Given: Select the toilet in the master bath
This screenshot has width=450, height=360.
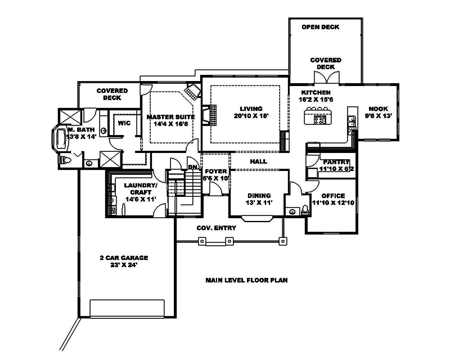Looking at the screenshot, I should (x=65, y=160).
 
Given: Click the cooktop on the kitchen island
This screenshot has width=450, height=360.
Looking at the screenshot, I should (x=319, y=119).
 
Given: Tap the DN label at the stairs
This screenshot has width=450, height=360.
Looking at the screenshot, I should (x=192, y=167).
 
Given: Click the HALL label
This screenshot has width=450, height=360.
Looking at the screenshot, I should (x=259, y=161).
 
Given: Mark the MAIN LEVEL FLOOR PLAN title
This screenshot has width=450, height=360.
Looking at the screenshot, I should (x=246, y=280).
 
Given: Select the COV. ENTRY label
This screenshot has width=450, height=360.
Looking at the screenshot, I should (x=216, y=228).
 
